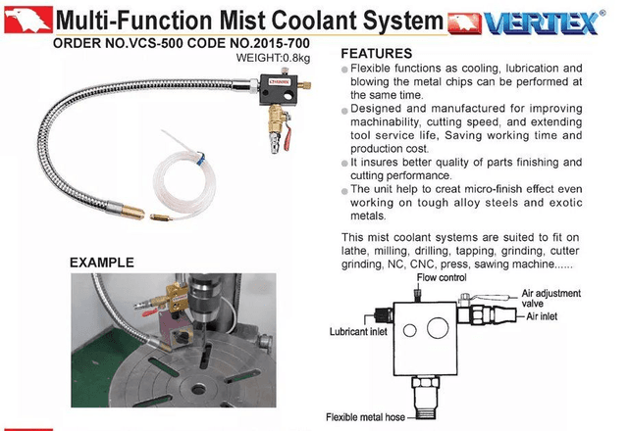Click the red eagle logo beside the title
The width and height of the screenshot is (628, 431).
coord(28,20)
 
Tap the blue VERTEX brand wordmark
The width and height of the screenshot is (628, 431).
coord(542,24)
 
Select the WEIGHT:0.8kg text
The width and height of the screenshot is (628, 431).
coord(273,58)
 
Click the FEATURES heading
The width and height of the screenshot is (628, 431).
coord(377,53)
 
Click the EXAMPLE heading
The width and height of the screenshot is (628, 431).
coord(102,263)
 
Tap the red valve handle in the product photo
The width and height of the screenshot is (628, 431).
coord(287,138)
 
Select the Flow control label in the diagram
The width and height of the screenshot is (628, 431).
coord(442,277)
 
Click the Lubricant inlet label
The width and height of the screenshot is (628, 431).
coord(358,331)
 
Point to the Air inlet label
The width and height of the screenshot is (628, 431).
coord(542,316)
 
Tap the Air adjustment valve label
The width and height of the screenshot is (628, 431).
coord(550,298)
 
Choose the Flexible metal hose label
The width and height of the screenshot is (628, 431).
coord(365,417)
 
